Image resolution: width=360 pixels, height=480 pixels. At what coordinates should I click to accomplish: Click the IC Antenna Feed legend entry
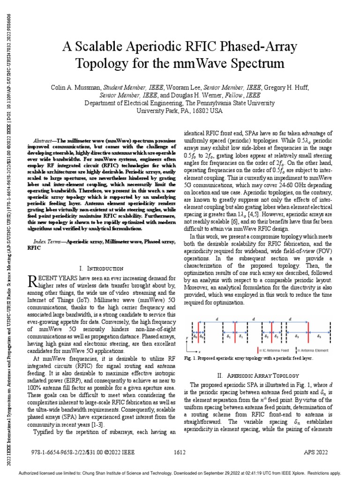pyautogui.click(x=272, y=350)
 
